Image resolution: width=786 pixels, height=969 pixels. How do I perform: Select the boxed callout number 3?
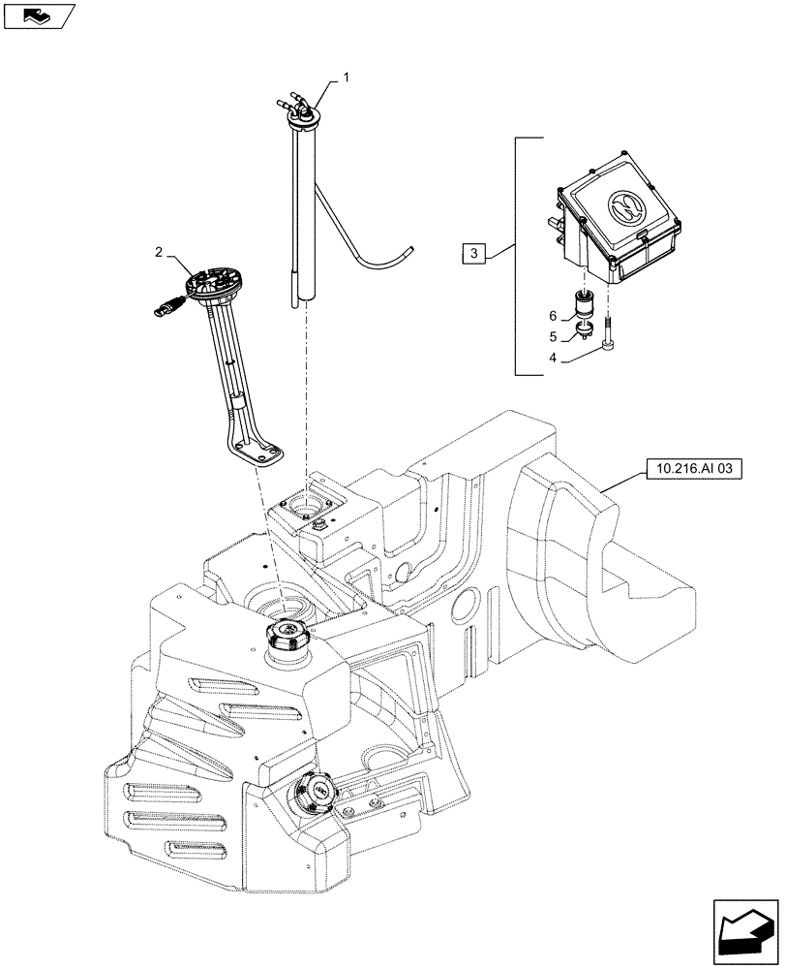tap(472, 255)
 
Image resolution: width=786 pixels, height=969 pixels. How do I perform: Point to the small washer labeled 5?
tap(585, 333)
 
